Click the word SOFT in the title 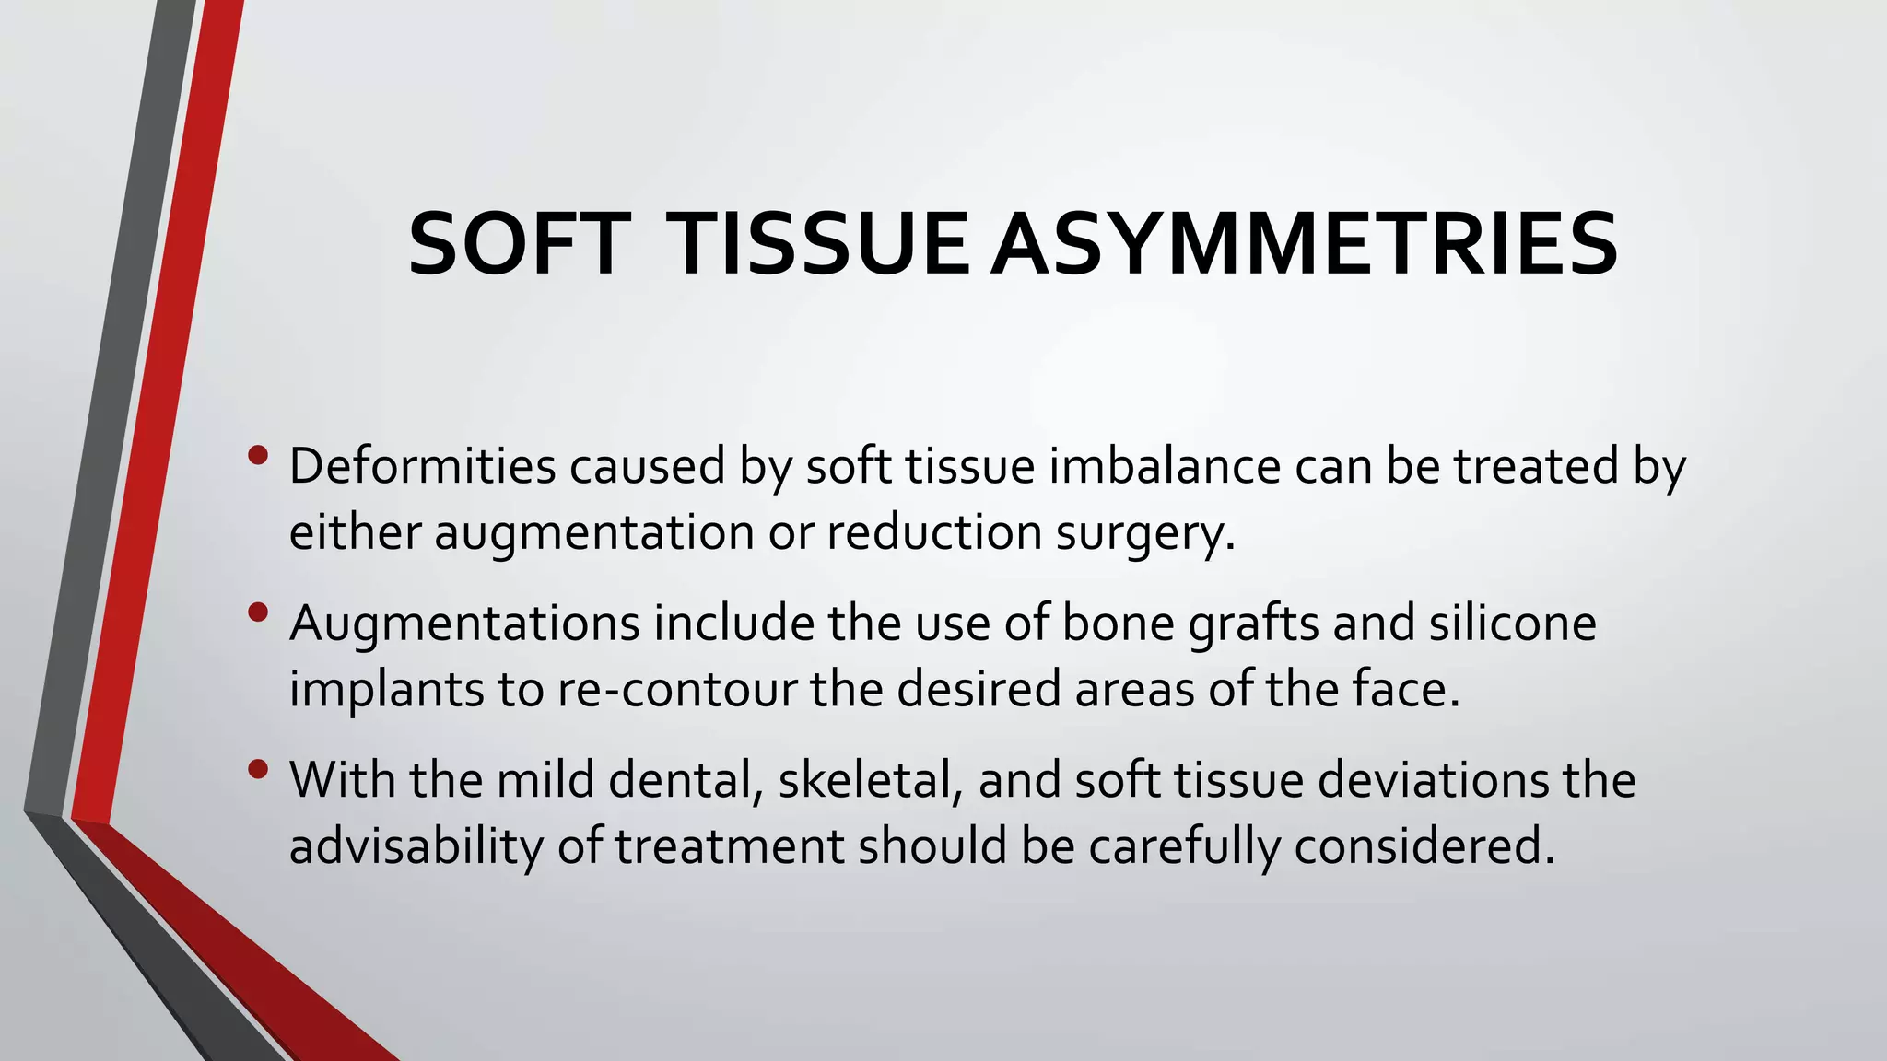(x=519, y=244)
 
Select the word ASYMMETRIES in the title (x=1304, y=244)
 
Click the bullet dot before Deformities (x=259, y=455)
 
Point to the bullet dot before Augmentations (x=259, y=612)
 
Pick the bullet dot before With (x=259, y=768)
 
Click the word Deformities (x=422, y=466)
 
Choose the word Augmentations (x=464, y=624)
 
